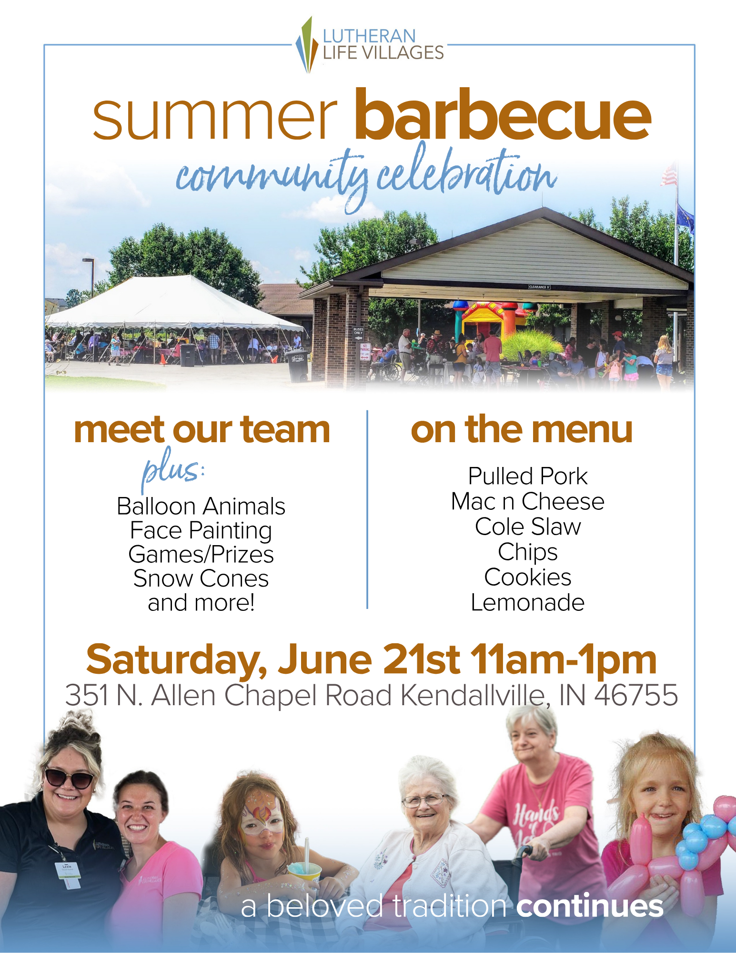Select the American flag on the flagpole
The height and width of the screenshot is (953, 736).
tap(669, 175)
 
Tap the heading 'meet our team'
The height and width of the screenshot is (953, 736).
tap(202, 429)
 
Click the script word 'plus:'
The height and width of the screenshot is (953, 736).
tap(173, 469)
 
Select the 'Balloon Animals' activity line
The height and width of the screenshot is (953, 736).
tap(201, 506)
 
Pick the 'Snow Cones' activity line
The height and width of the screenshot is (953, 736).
tap(201, 578)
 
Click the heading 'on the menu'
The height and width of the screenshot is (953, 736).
tap(522, 429)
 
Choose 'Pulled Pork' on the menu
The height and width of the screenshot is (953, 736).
tap(528, 476)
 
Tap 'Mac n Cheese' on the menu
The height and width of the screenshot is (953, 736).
tap(528, 501)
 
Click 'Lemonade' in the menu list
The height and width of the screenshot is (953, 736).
tap(528, 602)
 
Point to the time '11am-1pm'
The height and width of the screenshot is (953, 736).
tap(564, 660)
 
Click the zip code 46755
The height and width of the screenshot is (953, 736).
tap(636, 695)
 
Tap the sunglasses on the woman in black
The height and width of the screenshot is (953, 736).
tap(70, 779)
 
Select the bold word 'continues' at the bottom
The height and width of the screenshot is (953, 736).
tap(590, 906)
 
